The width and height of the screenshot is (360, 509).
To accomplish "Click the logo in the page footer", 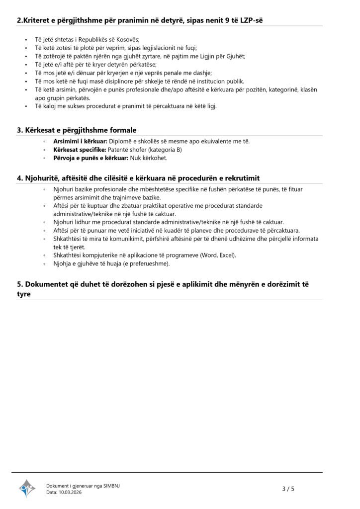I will tap(27, 488).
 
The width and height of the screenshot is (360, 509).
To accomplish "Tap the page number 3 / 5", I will tap(288, 489).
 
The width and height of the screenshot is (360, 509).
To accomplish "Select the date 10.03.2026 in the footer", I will tap(71, 492).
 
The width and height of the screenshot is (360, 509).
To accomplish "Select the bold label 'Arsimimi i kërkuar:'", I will tap(80, 142).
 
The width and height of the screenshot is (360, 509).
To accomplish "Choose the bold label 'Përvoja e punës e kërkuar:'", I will tap(90, 158).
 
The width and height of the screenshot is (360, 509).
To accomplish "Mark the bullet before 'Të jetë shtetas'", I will tap(25, 40).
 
